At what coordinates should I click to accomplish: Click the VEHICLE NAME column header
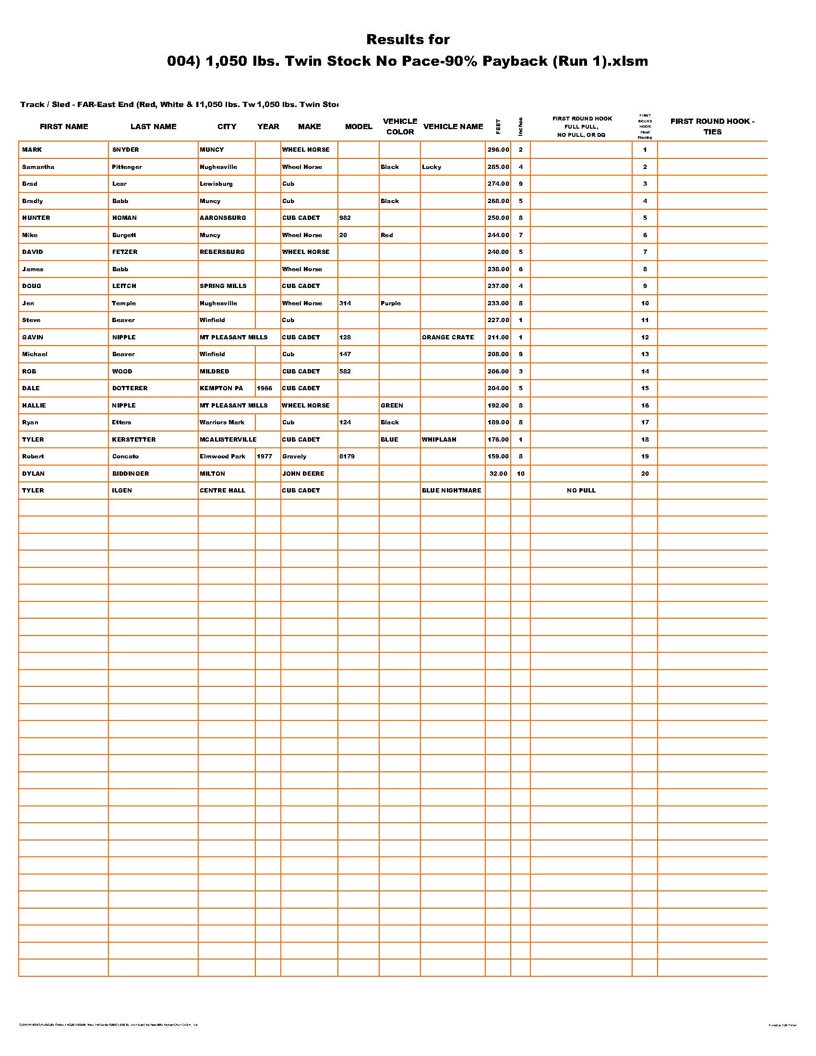point(453,127)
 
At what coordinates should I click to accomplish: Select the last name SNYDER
point(125,150)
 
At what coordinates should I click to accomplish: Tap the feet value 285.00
point(498,167)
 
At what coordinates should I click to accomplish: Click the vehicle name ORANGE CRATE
point(448,337)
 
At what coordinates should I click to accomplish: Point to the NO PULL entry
point(581,490)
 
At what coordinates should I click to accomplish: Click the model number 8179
point(347,456)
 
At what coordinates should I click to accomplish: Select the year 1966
point(264,388)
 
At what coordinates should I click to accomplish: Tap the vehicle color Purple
point(391,303)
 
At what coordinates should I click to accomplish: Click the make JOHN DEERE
point(303,474)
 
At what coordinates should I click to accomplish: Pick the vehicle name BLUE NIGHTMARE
point(452,490)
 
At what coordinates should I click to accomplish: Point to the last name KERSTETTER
point(134,440)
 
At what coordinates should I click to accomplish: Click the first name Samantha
point(38,167)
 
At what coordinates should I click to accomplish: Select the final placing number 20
point(645,474)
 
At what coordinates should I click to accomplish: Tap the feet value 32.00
point(498,474)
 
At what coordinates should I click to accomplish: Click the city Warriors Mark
point(222,422)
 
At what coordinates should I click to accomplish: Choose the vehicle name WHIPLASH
point(439,440)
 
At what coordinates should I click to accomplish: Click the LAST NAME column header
point(153,127)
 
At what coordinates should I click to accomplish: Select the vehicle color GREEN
point(392,406)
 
